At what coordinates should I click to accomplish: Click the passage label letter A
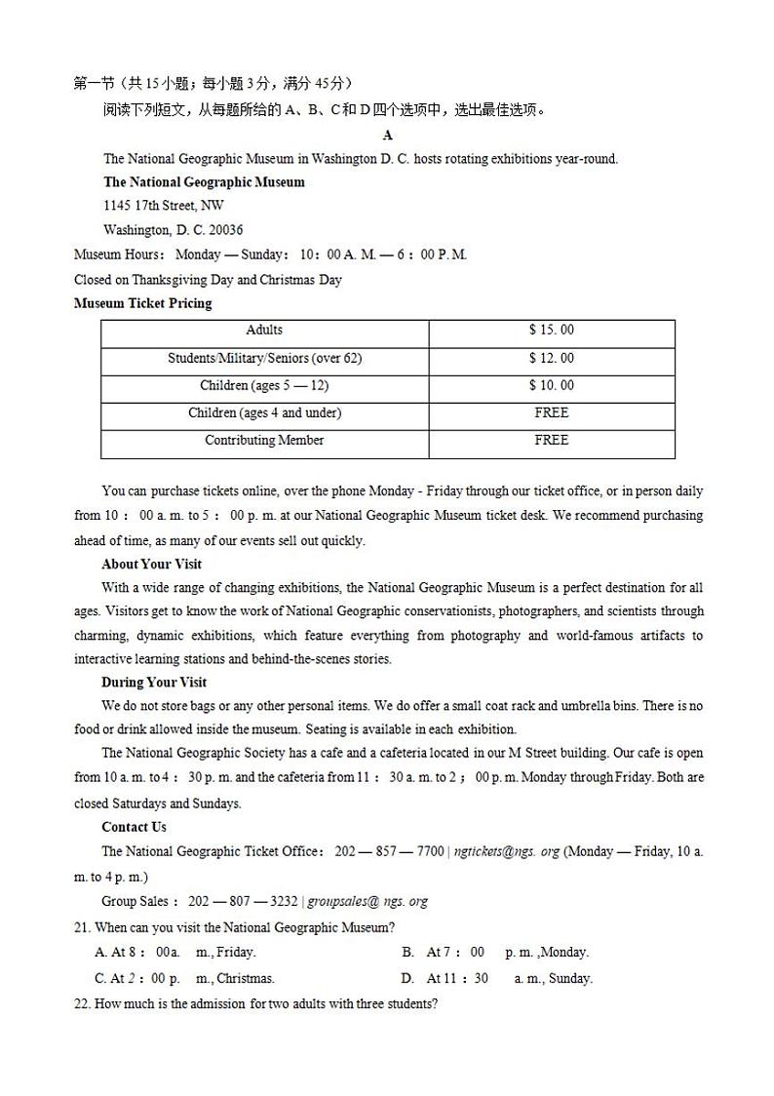[388, 136]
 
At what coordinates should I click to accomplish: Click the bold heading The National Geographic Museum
[204, 182]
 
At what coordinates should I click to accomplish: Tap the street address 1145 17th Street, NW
[163, 206]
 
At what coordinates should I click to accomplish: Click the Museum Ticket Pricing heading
[142, 303]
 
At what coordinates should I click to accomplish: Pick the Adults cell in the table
[264, 331]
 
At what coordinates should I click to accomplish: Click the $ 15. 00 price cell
[551, 331]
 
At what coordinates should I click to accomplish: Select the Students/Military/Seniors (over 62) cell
[264, 358]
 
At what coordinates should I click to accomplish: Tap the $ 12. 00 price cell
[551, 358]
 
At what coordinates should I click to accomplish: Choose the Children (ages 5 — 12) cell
[264, 385]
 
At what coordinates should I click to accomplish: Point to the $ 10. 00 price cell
[551, 385]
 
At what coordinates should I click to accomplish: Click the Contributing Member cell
[264, 440]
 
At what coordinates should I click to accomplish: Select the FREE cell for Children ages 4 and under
[551, 412]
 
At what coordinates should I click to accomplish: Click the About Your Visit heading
[151, 565]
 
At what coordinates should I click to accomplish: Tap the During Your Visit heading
[154, 683]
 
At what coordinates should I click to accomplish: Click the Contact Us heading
[134, 827]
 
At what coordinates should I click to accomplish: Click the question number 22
[82, 1003]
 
